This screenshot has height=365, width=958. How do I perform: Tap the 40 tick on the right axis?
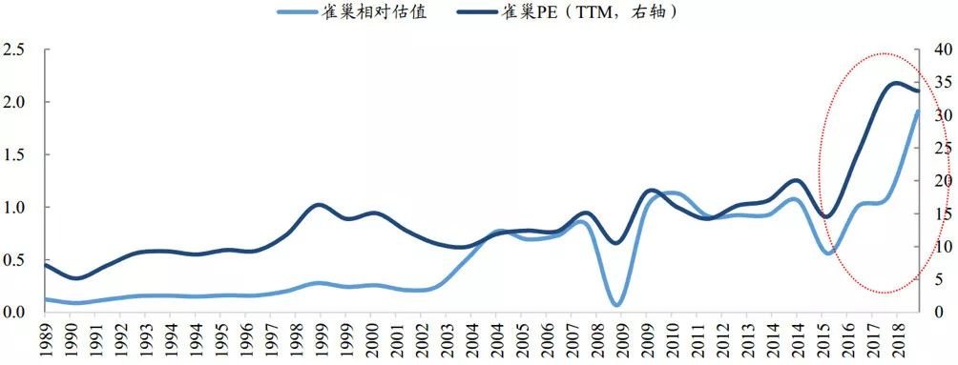point(941,50)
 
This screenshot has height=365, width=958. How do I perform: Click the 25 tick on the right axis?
point(941,148)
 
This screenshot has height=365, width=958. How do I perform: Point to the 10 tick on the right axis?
point(941,247)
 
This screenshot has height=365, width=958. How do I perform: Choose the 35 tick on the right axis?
point(941,82)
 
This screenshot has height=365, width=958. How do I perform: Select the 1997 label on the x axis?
point(272,339)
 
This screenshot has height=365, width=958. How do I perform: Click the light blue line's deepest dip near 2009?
point(617,306)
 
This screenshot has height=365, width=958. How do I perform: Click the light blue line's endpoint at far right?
point(918,111)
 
